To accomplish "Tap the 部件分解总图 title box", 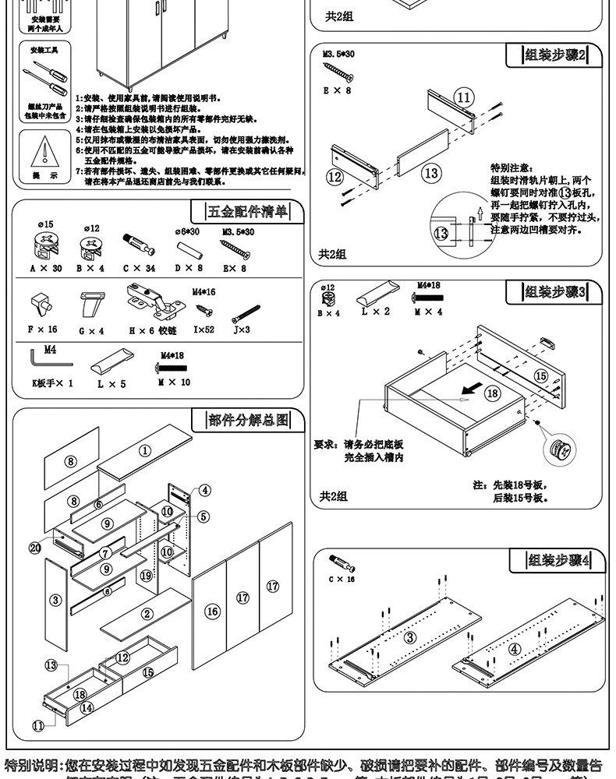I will (x=248, y=421).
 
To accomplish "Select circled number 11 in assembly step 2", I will (x=464, y=97).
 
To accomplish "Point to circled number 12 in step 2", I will (x=335, y=176).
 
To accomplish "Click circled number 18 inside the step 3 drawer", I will (x=492, y=393).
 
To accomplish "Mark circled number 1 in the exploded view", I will (x=145, y=450).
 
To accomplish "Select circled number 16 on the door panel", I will (x=212, y=612).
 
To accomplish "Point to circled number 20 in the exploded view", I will (x=35, y=548).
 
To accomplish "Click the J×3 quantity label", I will (x=241, y=330).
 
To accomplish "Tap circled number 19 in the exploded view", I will (x=146, y=576).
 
